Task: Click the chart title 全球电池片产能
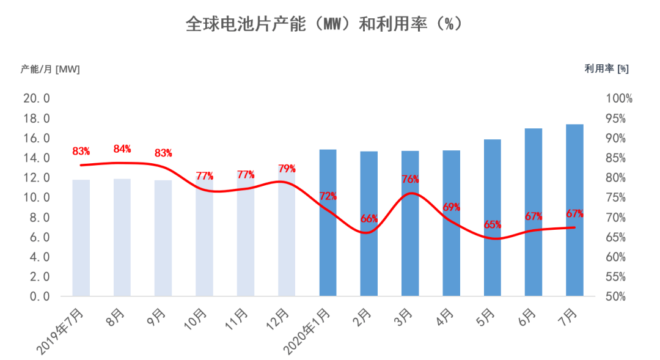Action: pos(324,25)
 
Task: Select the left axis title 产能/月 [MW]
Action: pos(50,69)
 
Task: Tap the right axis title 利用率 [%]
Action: pos(606,69)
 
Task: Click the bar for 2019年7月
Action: pos(81,238)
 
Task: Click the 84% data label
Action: pos(122,149)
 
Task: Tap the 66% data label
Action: pos(369,218)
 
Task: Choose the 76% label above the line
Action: pos(411,179)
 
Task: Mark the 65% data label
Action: pos(493,224)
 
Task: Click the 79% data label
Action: pos(287,168)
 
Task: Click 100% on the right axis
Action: pos(619,98)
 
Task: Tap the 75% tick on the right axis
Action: pos(619,197)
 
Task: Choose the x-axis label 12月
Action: pos(280,318)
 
